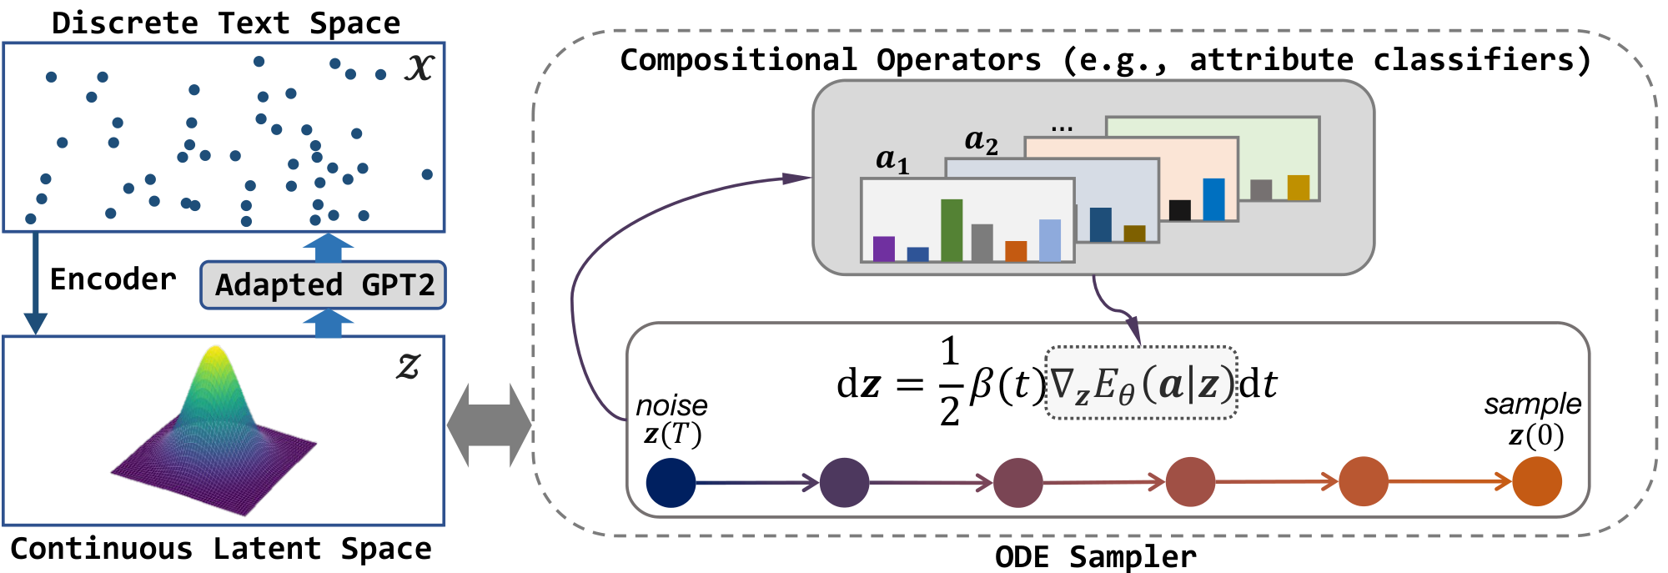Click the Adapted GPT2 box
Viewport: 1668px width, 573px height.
tap(323, 285)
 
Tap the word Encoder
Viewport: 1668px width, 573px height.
tap(113, 279)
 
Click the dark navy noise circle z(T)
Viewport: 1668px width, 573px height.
tap(671, 482)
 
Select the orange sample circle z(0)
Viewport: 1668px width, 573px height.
tap(1536, 482)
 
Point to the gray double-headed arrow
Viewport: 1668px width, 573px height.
tap(489, 425)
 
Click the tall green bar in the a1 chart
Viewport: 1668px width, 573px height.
tap(952, 230)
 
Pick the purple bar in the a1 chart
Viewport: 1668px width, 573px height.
tap(883, 249)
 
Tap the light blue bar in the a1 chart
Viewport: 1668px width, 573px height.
tap(1050, 240)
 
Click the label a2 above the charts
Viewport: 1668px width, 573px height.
tap(981, 141)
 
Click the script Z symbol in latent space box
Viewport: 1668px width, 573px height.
tap(407, 365)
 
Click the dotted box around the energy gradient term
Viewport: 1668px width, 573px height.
tap(1141, 383)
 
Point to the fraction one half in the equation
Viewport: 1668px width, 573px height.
tap(949, 382)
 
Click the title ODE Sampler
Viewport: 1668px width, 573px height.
tap(1095, 556)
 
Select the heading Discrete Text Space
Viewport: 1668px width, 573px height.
tap(225, 23)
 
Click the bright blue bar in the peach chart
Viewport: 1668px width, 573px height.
tap(1213, 199)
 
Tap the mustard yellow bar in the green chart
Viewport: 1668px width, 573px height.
tap(1298, 187)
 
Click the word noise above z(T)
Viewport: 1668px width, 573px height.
tap(671, 405)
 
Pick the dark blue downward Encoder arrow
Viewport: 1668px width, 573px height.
tap(35, 284)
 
